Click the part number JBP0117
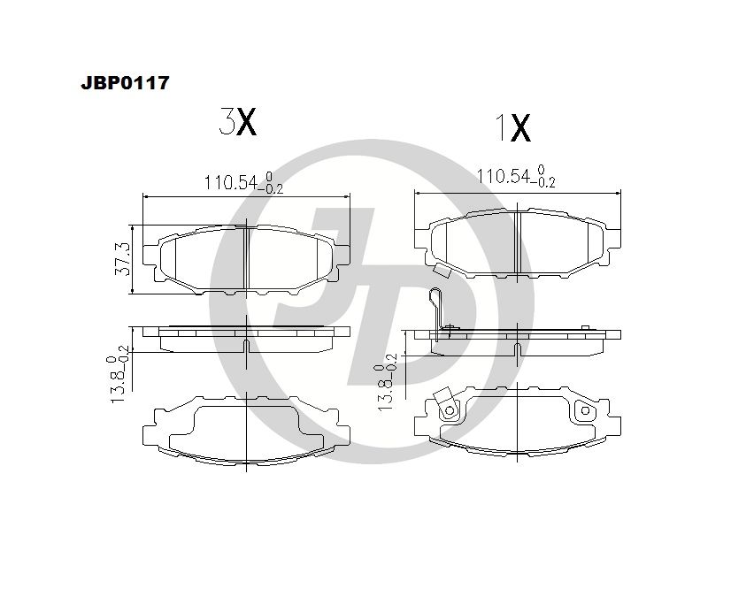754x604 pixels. click(x=125, y=82)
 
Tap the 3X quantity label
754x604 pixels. click(x=237, y=121)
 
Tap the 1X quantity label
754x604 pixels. click(x=512, y=128)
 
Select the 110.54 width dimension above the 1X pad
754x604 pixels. click(x=515, y=176)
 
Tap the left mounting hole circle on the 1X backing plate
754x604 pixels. click(x=450, y=410)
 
